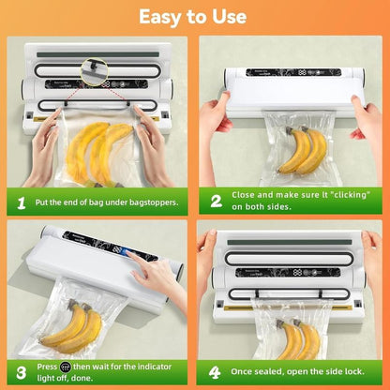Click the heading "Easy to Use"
194,17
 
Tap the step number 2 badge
215,201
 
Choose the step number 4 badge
215,369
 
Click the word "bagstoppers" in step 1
155,201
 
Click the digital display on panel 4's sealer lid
298,272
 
